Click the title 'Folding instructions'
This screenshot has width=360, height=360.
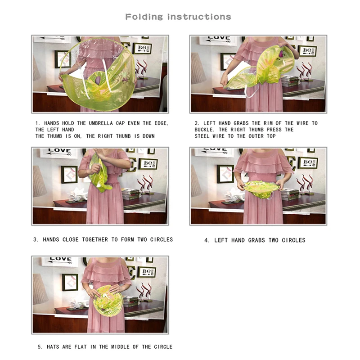[178, 17]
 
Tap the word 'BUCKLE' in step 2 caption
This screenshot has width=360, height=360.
[205, 130]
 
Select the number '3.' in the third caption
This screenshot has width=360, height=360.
[36, 240]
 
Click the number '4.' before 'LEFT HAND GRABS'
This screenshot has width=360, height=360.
[207, 240]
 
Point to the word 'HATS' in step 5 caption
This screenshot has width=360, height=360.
[53, 347]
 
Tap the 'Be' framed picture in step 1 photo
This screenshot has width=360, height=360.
[142, 49]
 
